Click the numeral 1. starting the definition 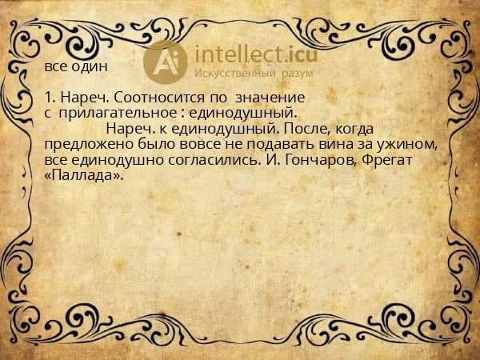(50, 97)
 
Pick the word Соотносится (143, 97)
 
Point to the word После (305, 129)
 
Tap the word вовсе (188, 145)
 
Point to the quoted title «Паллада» (85, 176)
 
